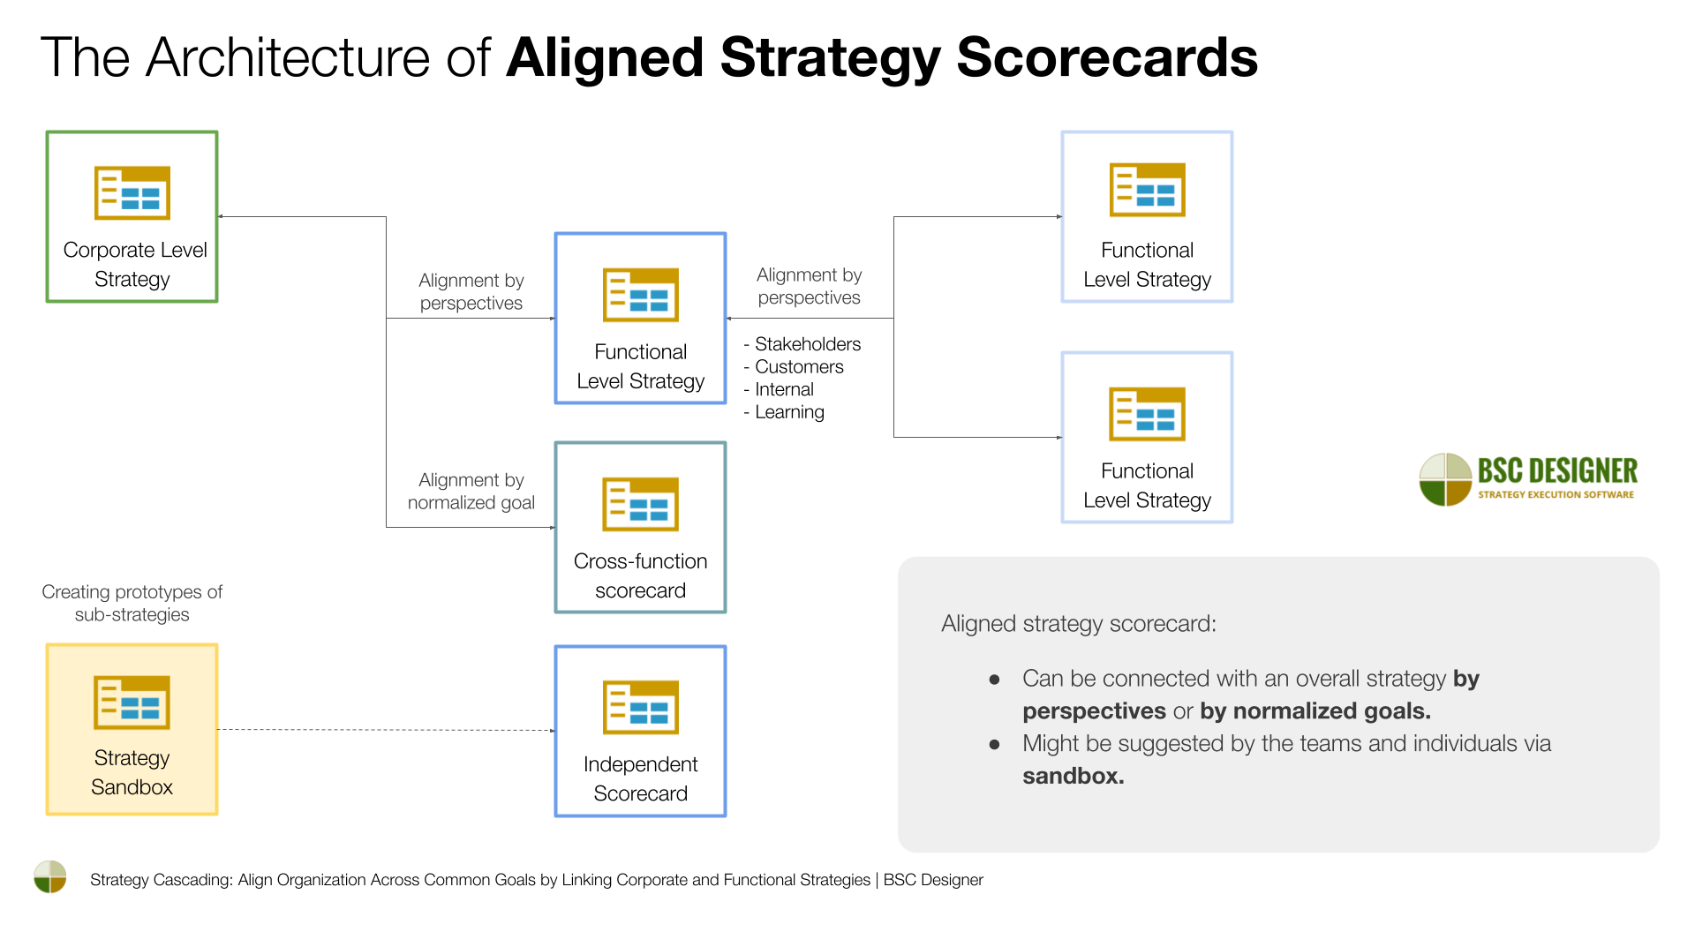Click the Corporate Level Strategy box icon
pyautogui.click(x=132, y=192)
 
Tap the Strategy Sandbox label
pyautogui.click(x=132, y=772)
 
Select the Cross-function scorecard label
pyautogui.click(x=640, y=575)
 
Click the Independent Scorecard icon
pyautogui.click(x=640, y=707)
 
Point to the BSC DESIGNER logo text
pyautogui.click(x=1557, y=471)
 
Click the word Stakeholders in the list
pyautogui.click(x=807, y=344)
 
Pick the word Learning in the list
pyautogui.click(x=789, y=412)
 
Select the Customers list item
pyautogui.click(x=799, y=367)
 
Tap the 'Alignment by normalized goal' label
pyautogui.click(x=471, y=492)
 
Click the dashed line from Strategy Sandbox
pyautogui.click(x=386, y=730)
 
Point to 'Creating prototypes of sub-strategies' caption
pyautogui.click(x=132, y=603)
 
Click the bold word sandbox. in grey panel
pyautogui.click(x=1073, y=777)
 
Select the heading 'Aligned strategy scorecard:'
pyautogui.click(x=1078, y=624)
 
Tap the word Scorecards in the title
pyautogui.click(x=1106, y=58)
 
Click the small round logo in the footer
pyautogui.click(x=50, y=877)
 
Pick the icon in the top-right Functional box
pyautogui.click(x=1147, y=190)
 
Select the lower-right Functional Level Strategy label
pyautogui.click(x=1147, y=485)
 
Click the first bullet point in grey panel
pyautogui.click(x=995, y=680)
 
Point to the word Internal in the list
pyautogui.click(x=784, y=390)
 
